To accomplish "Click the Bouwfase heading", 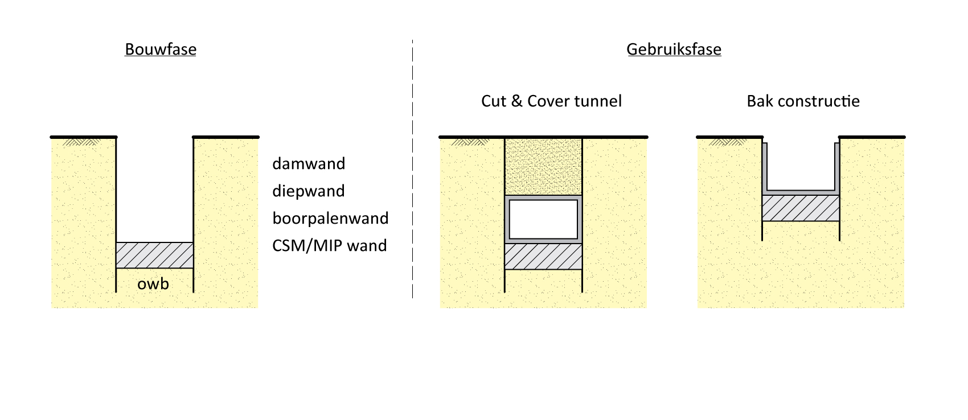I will pyautogui.click(x=161, y=50).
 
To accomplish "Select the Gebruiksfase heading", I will pyautogui.click(x=674, y=50).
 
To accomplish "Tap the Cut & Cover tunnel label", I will pyautogui.click(x=551, y=101).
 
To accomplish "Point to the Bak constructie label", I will pyautogui.click(x=803, y=101).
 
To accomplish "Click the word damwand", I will pyautogui.click(x=309, y=164).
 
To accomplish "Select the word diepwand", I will pyautogui.click(x=309, y=191).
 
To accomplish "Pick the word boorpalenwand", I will pyautogui.click(x=330, y=219).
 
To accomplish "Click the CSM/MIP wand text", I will pyautogui.click(x=329, y=246).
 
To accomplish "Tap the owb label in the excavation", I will pyautogui.click(x=153, y=284).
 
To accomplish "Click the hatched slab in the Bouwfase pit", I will pyautogui.click(x=154, y=255).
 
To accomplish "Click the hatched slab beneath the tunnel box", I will pyautogui.click(x=543, y=257).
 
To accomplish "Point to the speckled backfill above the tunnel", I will pyautogui.click(x=543, y=166).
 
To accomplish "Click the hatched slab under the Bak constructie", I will pyautogui.click(x=801, y=208).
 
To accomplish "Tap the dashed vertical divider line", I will pyautogui.click(x=412, y=171).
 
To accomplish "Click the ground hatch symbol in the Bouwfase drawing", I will pyautogui.click(x=80, y=142).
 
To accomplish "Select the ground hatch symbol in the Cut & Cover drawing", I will pyautogui.click(x=470, y=142).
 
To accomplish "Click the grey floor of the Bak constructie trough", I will pyautogui.click(x=801, y=192).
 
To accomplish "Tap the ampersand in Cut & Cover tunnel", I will pyautogui.click(x=516, y=101).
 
